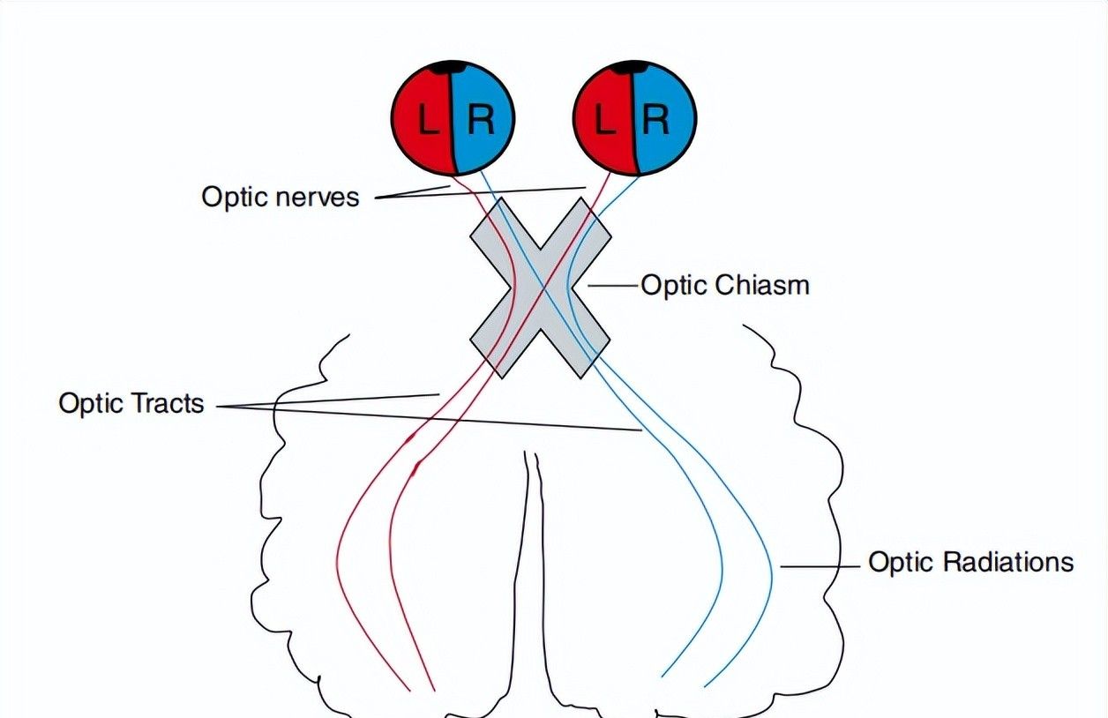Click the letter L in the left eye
(x=429, y=120)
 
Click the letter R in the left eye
(x=481, y=120)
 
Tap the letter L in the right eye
(x=605, y=120)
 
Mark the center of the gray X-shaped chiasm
(x=540, y=288)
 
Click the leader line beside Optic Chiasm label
(x=612, y=285)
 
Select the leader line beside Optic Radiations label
(x=820, y=565)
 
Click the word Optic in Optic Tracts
(x=91, y=404)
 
